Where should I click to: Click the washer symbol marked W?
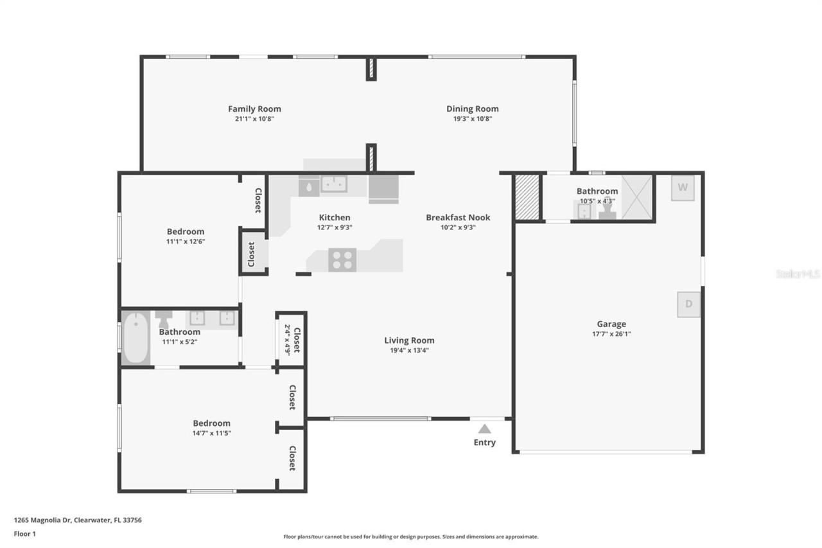pyautogui.click(x=683, y=188)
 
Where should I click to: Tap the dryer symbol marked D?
pyautogui.click(x=688, y=304)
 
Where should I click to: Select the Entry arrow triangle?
pyautogui.click(x=485, y=429)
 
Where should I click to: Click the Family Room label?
pyautogui.click(x=254, y=109)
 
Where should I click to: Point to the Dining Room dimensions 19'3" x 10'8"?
pyautogui.click(x=473, y=119)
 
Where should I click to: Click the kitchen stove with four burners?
pyautogui.click(x=342, y=260)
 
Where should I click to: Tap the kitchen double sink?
pyautogui.click(x=334, y=184)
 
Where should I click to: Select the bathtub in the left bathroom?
pyautogui.click(x=136, y=337)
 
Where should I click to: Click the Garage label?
pyautogui.click(x=611, y=324)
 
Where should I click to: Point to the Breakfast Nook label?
pyautogui.click(x=459, y=217)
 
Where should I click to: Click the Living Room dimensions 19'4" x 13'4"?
pyautogui.click(x=409, y=350)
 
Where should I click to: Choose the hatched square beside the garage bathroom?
pyautogui.click(x=527, y=197)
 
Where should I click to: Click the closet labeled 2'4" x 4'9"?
pyautogui.click(x=291, y=339)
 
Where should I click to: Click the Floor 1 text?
pyautogui.click(x=24, y=533)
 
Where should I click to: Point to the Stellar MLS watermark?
pyautogui.click(x=798, y=274)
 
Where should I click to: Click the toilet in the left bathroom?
pyautogui.click(x=164, y=318)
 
